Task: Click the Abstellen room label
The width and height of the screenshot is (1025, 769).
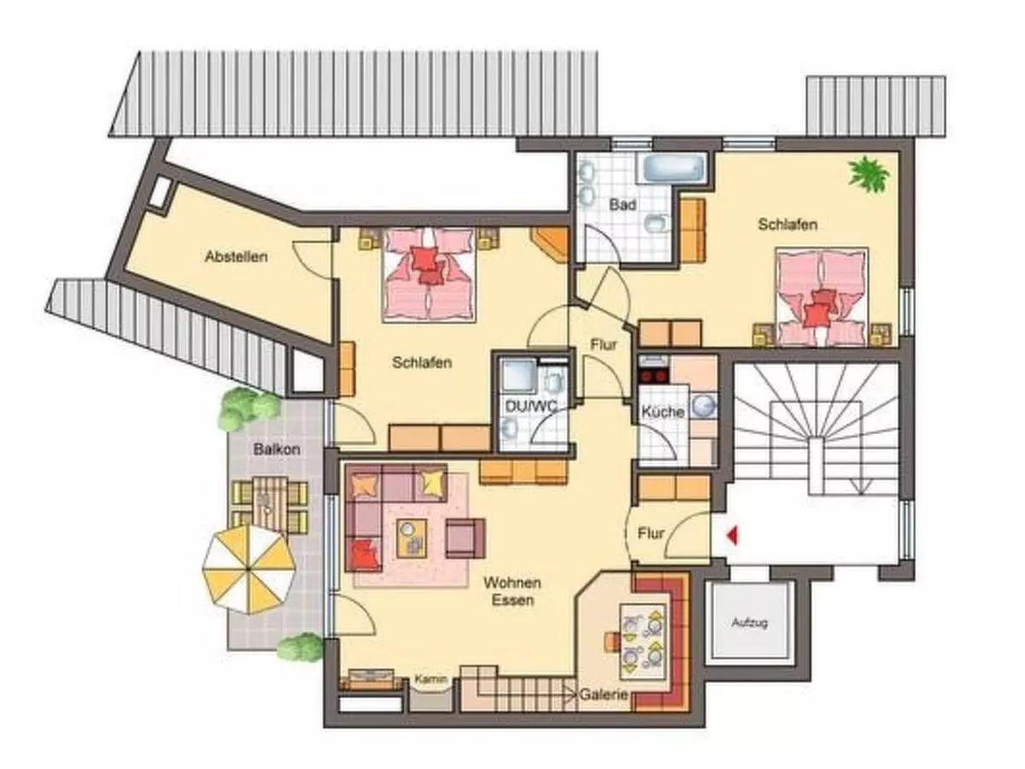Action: (237, 256)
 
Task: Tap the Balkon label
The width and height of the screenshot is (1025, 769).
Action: (277, 449)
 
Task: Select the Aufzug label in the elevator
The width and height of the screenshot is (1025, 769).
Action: (749, 622)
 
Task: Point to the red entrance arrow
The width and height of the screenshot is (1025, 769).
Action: (732, 535)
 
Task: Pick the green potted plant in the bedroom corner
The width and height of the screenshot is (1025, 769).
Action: (868, 173)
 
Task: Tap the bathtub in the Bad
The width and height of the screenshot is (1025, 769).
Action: (674, 168)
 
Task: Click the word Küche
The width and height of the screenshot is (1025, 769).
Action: (663, 412)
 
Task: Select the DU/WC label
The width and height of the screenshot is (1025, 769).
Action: (531, 406)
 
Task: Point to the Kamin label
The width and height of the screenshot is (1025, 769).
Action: (431, 679)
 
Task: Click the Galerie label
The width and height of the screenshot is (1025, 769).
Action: (603, 695)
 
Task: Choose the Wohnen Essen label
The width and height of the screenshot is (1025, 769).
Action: (512, 591)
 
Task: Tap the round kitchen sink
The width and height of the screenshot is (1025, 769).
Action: (703, 405)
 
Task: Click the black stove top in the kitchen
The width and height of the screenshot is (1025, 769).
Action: (653, 375)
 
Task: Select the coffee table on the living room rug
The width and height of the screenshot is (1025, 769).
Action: (412, 538)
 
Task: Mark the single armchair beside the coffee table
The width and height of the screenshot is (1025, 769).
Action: (466, 538)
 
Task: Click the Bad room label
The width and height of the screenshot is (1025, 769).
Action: (623, 204)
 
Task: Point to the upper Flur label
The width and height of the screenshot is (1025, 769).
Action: (603, 345)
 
